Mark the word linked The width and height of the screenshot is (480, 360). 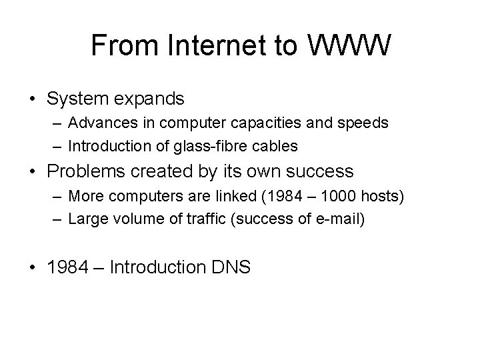point(231,197)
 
